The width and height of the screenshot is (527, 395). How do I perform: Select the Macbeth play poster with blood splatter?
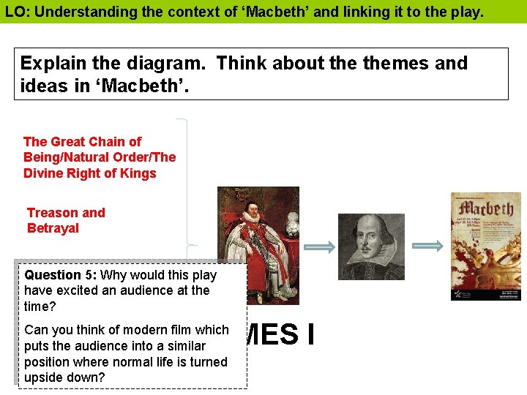click(x=485, y=247)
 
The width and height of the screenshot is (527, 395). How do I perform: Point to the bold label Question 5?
click(x=61, y=275)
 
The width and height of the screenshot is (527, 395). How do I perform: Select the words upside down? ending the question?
click(x=64, y=377)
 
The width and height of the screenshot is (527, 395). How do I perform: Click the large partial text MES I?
click(x=282, y=334)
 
